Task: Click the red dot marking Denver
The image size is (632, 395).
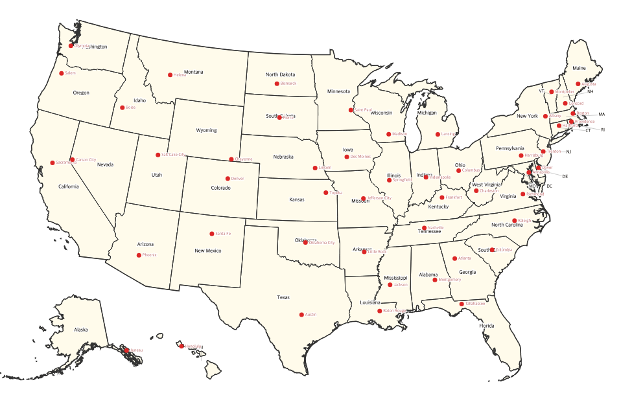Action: (x=228, y=179)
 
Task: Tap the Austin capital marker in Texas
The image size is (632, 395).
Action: (x=301, y=315)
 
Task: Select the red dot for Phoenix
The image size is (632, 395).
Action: (x=139, y=255)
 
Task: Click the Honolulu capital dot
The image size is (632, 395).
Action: (x=181, y=346)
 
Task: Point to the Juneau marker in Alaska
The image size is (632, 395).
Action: (x=126, y=350)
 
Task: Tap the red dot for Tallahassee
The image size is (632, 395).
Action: (x=462, y=304)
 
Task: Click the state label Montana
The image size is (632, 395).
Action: (x=193, y=72)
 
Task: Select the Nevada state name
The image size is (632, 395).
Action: (x=105, y=164)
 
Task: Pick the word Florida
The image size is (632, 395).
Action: (x=487, y=326)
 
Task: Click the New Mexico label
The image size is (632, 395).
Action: (x=208, y=251)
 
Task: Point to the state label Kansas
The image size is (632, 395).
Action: (x=297, y=200)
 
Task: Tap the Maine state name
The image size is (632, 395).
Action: (x=579, y=68)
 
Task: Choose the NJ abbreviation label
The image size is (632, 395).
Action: (x=568, y=152)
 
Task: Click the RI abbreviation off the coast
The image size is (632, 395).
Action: (x=603, y=130)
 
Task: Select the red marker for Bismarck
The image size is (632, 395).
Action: (x=277, y=84)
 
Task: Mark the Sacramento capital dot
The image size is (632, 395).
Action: (x=53, y=163)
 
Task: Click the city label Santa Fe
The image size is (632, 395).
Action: (x=223, y=234)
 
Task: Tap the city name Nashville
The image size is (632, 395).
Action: (x=436, y=228)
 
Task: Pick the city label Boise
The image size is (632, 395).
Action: (x=131, y=107)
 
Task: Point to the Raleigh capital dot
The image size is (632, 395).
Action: (x=515, y=221)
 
